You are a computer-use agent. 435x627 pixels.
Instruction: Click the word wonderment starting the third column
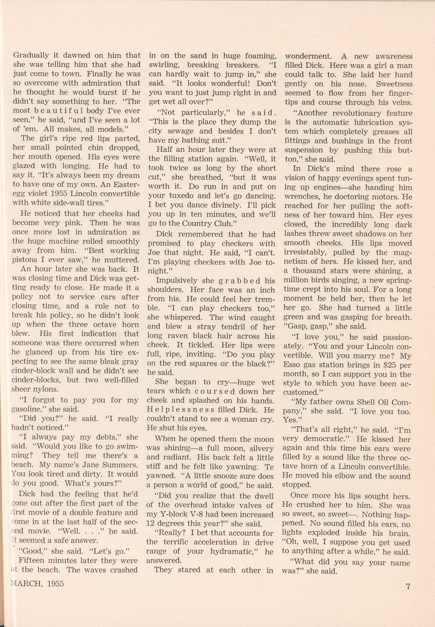coord(308,56)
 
